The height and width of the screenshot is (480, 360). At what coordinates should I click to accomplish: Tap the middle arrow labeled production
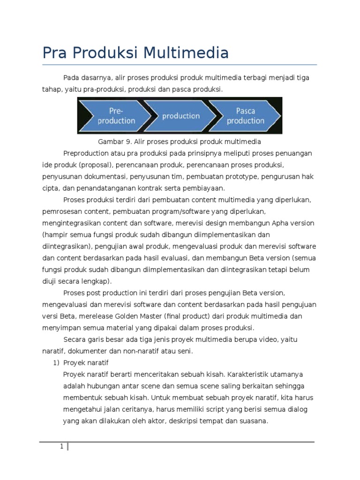(x=180, y=116)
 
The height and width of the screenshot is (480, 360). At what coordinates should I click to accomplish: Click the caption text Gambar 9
(x=113, y=142)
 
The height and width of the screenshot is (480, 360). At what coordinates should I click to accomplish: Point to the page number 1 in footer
(x=61, y=446)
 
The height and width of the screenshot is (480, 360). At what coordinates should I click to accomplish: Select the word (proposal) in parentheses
(x=96, y=165)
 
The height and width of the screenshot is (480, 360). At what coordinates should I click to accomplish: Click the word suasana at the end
(x=253, y=421)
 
